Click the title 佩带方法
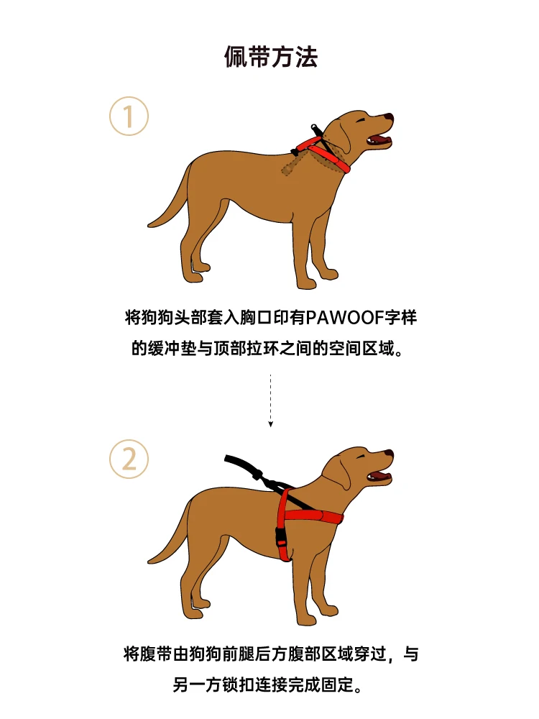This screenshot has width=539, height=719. point(270,57)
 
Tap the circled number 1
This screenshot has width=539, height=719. point(129,116)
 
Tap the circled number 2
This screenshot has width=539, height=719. point(129,459)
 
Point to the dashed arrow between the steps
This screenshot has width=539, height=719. point(270,400)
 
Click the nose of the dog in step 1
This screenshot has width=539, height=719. point(389,118)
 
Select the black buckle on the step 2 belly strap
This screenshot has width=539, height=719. point(280,537)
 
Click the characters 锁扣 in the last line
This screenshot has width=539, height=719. point(239,684)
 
